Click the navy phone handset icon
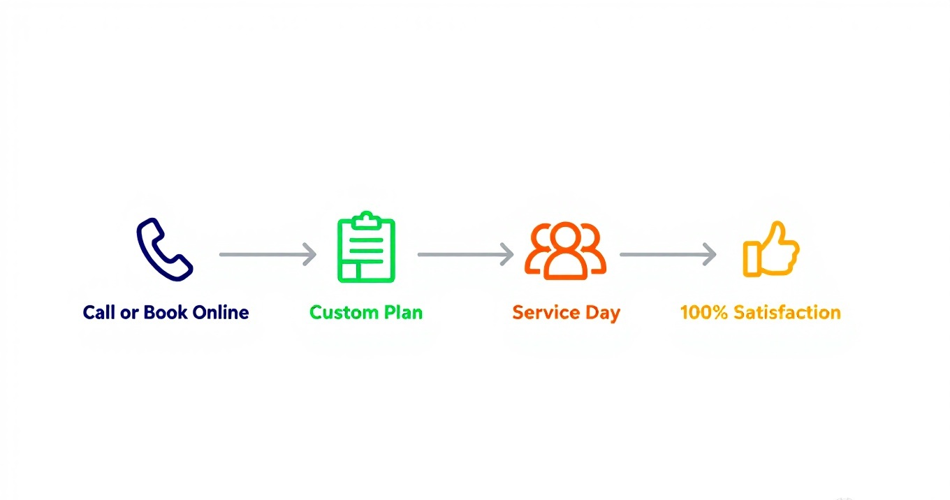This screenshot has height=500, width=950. (164, 250)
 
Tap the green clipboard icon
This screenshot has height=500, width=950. (366, 249)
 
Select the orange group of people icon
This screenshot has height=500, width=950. (565, 251)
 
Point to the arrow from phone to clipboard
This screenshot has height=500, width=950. (268, 255)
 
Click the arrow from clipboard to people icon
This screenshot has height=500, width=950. (465, 255)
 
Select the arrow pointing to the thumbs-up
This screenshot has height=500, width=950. (668, 255)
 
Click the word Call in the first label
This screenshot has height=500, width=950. (98, 312)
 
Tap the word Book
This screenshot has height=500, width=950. (166, 312)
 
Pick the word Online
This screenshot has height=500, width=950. (221, 312)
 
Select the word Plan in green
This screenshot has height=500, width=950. (404, 312)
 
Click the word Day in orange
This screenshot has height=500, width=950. (603, 313)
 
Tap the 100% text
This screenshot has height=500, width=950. (704, 312)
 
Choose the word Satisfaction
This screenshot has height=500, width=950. (787, 312)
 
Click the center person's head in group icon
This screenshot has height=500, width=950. (565, 237)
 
